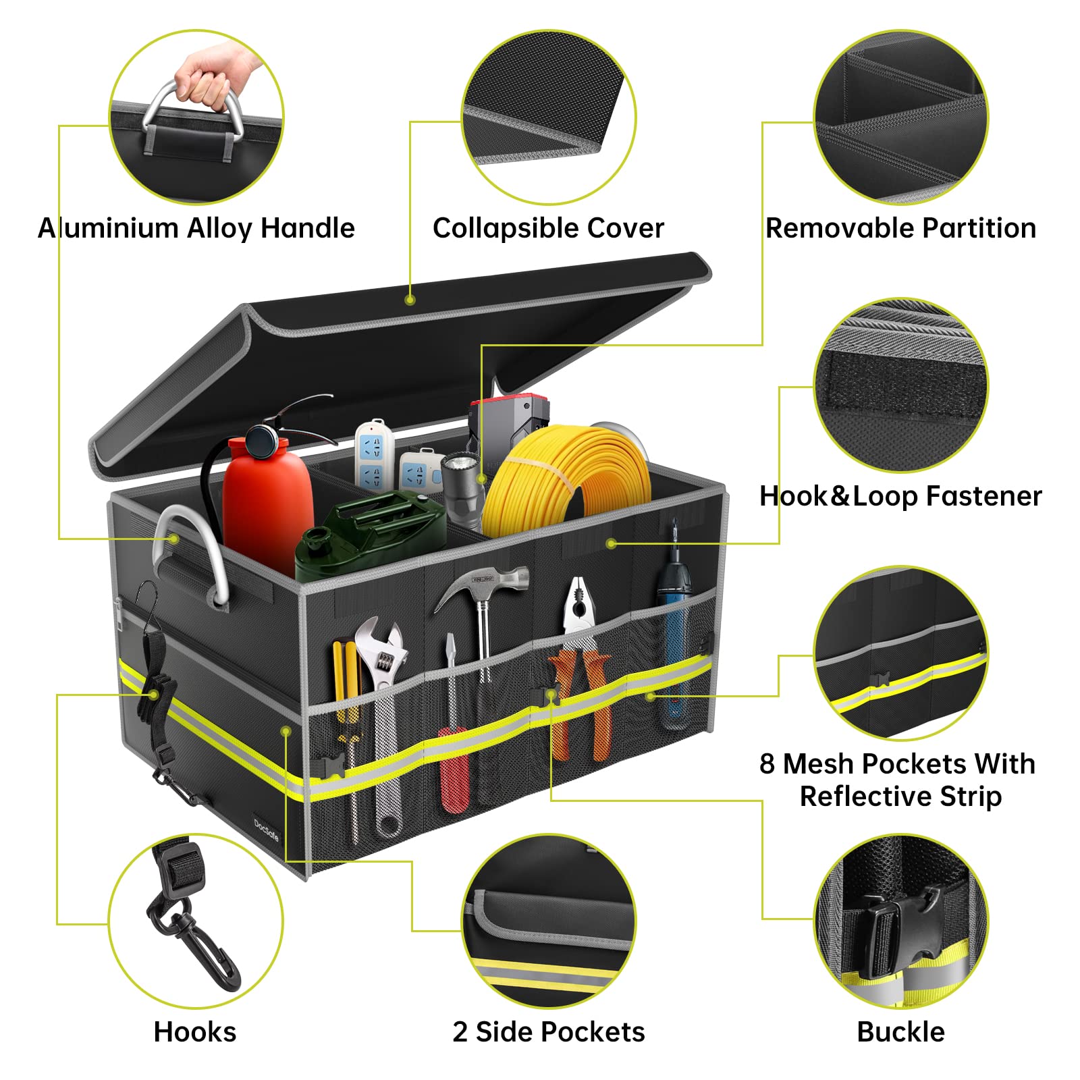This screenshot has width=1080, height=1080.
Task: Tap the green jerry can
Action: [x=370, y=536]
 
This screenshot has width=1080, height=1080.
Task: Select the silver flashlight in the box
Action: [x=462, y=489]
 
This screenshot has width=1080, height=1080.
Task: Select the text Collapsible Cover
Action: [x=548, y=228]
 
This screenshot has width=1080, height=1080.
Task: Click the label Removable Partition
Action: [x=900, y=228]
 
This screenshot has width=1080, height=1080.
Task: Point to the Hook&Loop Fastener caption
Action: [x=900, y=496]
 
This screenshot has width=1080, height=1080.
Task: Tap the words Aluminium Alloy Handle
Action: [x=196, y=228]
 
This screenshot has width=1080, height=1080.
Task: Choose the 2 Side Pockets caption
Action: [x=549, y=1032]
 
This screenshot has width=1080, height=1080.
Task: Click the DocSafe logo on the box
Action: [x=266, y=828]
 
